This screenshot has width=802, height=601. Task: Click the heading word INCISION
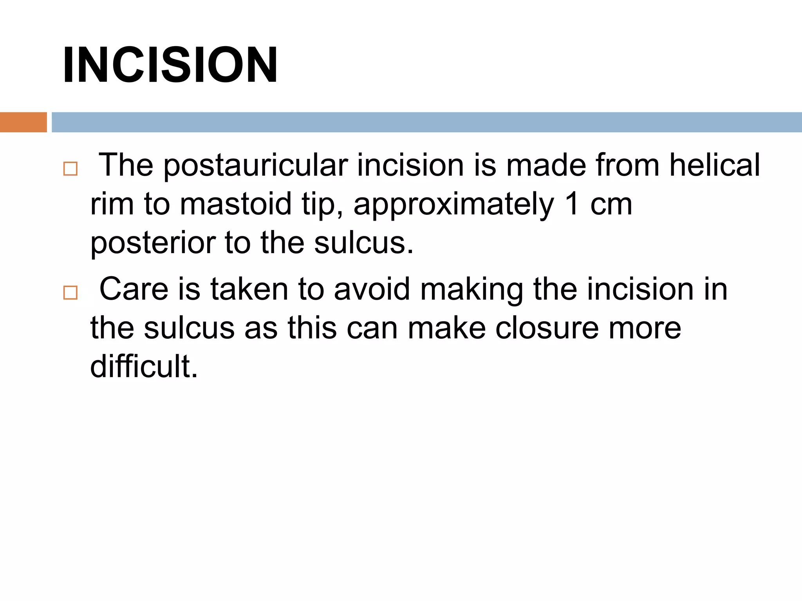[170, 65]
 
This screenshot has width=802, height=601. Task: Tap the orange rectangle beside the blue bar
[23, 122]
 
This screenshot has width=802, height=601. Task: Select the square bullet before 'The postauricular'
[70, 169]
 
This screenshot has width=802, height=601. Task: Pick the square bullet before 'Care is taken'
[70, 292]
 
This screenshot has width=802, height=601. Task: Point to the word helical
[714, 165]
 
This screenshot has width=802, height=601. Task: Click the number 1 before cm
[572, 204]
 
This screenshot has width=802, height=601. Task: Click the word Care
[134, 289]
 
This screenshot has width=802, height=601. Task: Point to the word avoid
[372, 289]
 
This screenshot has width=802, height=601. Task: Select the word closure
[547, 328]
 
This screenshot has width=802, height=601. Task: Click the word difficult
[144, 366]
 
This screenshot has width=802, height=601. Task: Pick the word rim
[112, 204]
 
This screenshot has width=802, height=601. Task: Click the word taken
[249, 289]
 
